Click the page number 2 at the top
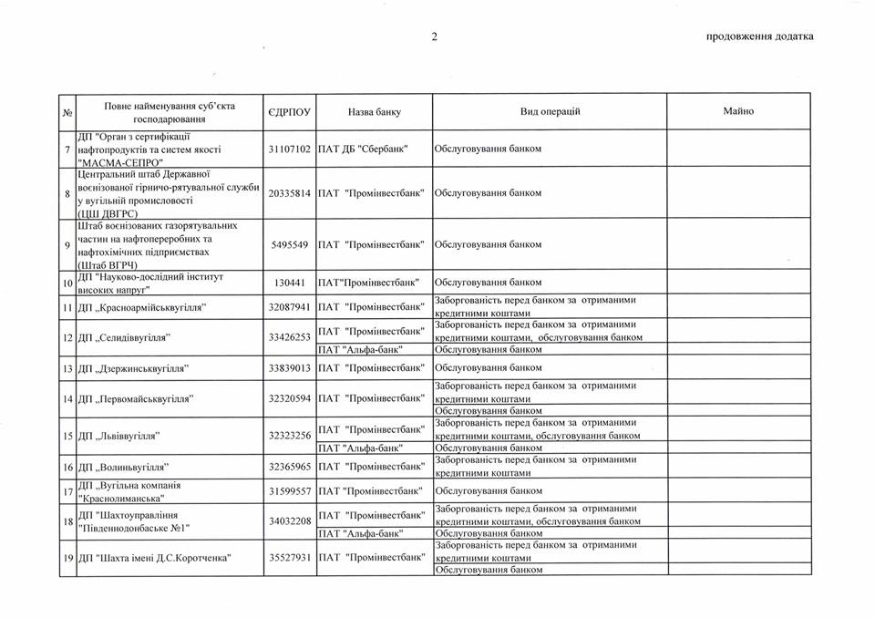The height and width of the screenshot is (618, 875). coord(435,36)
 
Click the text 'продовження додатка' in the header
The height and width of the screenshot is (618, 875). coord(759,36)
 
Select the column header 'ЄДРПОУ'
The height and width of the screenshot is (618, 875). coord(290,112)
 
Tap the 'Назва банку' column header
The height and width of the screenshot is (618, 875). coord(374,112)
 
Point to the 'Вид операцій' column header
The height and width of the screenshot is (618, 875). coord(550,111)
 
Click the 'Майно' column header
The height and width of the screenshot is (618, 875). coord(738,111)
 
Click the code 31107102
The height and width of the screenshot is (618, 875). coord(290,149)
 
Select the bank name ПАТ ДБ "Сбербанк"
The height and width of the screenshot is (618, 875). coord(362,149)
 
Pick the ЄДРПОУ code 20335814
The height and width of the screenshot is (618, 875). coord(290,193)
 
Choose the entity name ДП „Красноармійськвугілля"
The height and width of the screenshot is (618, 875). coord(141,307)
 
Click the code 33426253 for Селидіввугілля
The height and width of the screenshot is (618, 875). coord(290,337)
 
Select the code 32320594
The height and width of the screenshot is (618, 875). coord(290,398)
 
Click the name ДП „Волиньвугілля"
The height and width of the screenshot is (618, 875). coord(126,467)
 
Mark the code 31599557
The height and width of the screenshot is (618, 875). coord(290,491)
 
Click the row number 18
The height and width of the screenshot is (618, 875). coord(67,520)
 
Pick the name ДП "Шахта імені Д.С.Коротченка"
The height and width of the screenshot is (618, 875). coord(154,557)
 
